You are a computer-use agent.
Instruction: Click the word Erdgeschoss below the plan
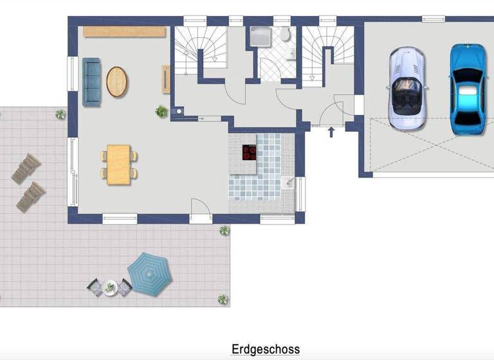[265, 350]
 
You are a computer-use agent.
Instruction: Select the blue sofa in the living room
[91, 82]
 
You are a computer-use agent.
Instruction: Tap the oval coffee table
[117, 82]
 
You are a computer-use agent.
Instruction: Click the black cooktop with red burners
[250, 153]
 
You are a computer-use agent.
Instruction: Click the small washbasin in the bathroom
[291, 55]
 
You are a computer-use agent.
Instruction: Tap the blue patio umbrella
[149, 273]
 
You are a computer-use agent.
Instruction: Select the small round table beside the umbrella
[109, 287]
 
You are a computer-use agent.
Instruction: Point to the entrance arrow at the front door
[331, 132]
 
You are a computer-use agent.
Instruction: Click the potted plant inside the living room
[161, 111]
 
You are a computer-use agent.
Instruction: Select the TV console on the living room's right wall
[166, 79]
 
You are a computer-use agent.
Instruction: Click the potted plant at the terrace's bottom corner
[223, 298]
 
